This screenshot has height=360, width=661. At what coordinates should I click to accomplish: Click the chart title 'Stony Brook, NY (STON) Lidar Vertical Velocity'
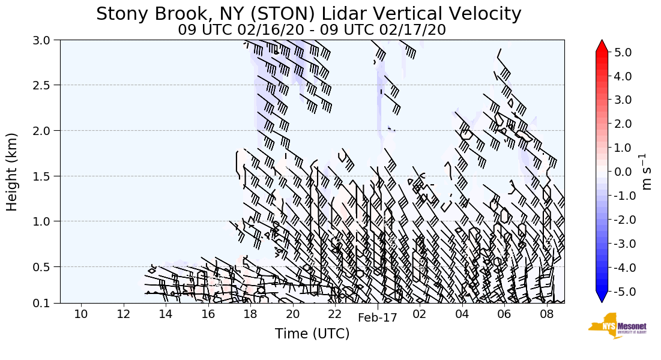[x=309, y=14]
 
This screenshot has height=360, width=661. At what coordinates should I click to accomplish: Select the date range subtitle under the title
[x=312, y=30]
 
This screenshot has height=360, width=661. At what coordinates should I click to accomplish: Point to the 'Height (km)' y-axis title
[x=12, y=172]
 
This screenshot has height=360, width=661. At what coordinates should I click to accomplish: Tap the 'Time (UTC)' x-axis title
[x=312, y=334]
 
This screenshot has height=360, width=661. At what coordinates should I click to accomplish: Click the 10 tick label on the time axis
[x=81, y=314]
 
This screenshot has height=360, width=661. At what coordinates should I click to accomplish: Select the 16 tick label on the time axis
[x=208, y=314]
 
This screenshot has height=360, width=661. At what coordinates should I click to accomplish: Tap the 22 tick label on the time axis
[x=334, y=314]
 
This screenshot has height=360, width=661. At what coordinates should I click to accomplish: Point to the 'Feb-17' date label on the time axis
[x=377, y=318]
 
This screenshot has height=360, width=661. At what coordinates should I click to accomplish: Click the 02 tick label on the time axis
[x=419, y=314]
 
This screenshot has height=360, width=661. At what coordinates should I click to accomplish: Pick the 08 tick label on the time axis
[x=546, y=314]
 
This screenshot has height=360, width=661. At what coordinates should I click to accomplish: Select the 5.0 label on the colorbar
[x=623, y=52]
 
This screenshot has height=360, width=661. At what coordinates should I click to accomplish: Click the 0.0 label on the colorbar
[x=623, y=172]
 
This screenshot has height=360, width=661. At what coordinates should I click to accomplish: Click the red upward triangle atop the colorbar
[x=602, y=46]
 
